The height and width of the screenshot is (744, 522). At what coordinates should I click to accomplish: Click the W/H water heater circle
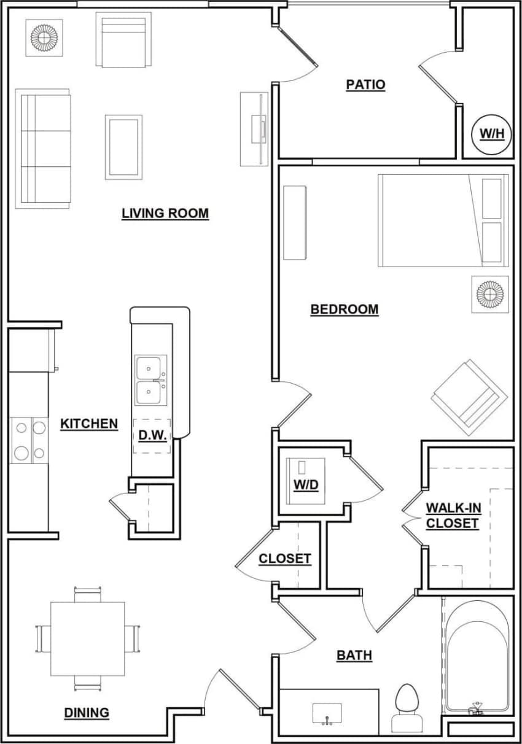pos(491,132)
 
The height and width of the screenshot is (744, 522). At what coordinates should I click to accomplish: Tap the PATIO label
pos(365,85)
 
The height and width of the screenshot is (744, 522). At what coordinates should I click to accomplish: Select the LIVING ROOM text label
pos(165,214)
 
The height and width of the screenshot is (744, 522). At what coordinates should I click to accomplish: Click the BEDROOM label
pos(345,309)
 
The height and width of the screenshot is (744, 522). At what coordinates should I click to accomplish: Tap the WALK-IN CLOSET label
pos(453,516)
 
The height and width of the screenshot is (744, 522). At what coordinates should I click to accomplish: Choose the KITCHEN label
pos(89,424)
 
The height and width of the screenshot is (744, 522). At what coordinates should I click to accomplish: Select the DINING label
pos(87,713)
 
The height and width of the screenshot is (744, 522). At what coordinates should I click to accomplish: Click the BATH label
pos(354,656)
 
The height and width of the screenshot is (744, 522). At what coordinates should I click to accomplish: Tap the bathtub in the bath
pos(477,654)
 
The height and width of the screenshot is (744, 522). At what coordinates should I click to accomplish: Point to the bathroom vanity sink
pos(327,714)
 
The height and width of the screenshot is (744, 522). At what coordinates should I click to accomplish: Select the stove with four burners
pos(29,440)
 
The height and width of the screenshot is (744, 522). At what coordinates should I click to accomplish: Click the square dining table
pos(87,638)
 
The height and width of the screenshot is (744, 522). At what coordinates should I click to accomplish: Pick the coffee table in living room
pos(123,147)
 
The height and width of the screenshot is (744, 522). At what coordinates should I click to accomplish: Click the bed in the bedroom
pos(443,220)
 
